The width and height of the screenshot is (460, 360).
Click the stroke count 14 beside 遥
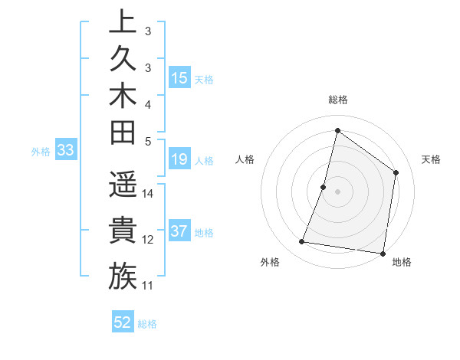click(148, 193)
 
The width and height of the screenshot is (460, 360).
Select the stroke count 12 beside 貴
click(148, 240)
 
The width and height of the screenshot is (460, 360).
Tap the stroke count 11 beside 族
click(148, 286)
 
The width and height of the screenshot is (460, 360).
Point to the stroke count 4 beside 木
click(148, 103)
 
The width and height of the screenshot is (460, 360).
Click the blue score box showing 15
click(179, 77)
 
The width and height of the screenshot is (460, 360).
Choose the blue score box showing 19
click(179, 160)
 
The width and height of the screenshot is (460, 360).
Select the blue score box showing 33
click(65, 151)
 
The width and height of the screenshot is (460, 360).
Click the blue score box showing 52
click(123, 322)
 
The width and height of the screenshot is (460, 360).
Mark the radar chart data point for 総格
click(337, 130)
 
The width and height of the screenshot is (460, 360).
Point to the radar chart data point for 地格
click(383, 254)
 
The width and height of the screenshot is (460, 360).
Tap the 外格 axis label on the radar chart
click(270, 262)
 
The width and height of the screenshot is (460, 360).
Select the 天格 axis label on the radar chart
click(431, 159)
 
